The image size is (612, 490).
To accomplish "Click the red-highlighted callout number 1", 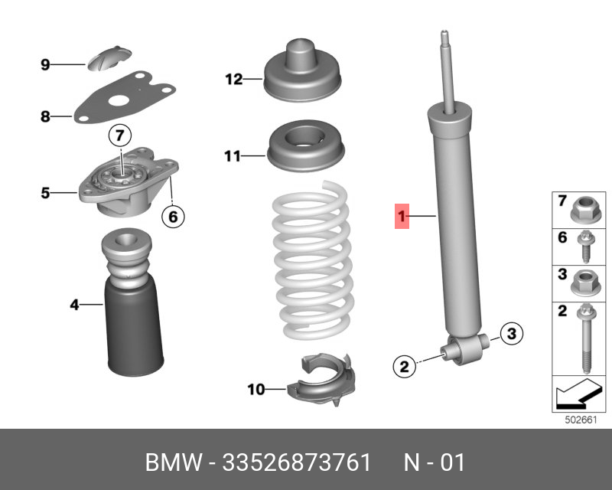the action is click(402, 216).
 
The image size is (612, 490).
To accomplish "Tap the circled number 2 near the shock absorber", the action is click(404, 366).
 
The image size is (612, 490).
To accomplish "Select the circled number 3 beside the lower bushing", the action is click(511, 334).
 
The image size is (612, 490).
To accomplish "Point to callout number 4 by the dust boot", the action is click(74, 305).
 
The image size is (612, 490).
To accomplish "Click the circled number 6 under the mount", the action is click(173, 216).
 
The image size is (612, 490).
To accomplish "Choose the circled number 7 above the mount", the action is click(120, 136).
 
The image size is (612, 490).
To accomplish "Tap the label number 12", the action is click(234, 80).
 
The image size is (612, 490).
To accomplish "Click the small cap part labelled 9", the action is click(109, 59).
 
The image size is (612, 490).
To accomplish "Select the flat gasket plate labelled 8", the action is click(125, 97).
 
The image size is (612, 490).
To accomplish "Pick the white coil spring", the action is click(314, 260).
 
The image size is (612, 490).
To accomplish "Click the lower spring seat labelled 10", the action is click(321, 380).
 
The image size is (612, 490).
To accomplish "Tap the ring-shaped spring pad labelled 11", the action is click(305, 146).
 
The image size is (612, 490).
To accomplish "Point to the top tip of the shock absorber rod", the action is click(444, 31).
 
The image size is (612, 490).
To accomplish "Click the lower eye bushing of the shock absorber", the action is click(465, 348).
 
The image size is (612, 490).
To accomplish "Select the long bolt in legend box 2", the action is click(585, 338).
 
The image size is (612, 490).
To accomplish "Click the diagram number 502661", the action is click(581, 420).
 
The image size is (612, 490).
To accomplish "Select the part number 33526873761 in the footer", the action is click(296, 462).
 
